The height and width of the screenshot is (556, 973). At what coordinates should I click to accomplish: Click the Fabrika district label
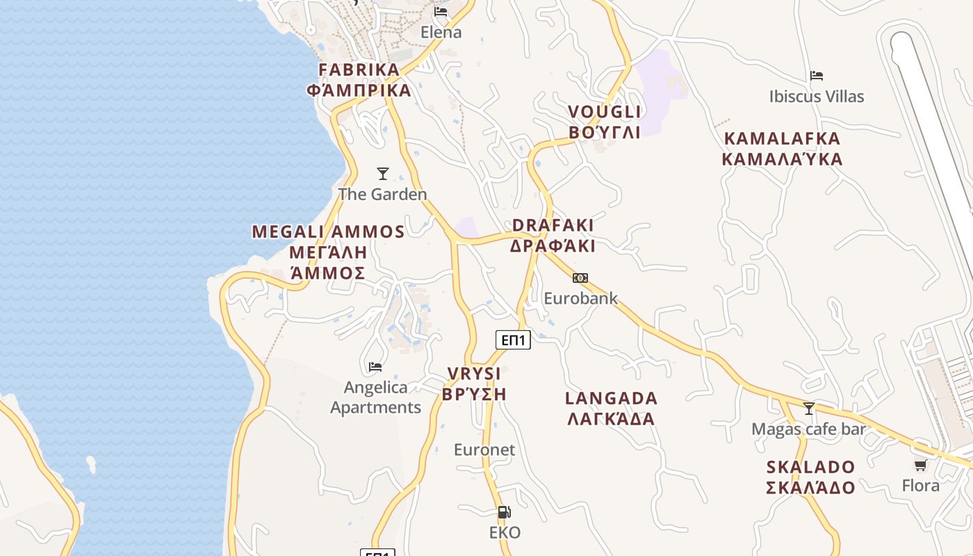(359, 80)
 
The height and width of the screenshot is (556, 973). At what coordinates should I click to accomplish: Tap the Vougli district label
(604, 122)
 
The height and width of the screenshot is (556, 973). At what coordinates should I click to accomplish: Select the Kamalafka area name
(782, 149)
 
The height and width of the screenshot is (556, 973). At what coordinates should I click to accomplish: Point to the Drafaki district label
(553, 236)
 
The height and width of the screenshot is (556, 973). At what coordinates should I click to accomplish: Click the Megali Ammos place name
(328, 252)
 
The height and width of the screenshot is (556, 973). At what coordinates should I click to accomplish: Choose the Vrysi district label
(474, 384)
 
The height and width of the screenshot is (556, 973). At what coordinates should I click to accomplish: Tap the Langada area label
(611, 408)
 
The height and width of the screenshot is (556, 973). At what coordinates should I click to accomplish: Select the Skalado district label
(810, 477)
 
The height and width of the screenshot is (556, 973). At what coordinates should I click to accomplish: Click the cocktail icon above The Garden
(382, 174)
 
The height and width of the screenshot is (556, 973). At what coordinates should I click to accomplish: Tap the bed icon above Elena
(441, 12)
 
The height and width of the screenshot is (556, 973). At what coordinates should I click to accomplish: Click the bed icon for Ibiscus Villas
(817, 76)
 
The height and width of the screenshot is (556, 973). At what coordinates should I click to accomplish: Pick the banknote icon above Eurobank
(580, 278)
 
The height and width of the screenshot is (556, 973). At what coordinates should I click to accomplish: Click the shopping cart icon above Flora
(921, 465)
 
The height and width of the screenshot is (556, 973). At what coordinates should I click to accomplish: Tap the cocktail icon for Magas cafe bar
(808, 409)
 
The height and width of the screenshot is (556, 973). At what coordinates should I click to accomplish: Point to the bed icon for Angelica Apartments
(375, 366)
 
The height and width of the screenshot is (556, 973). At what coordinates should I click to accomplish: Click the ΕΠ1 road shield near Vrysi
(513, 340)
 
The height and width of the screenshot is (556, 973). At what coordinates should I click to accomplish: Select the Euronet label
(484, 450)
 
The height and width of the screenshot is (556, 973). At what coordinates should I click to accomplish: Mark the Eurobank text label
(580, 298)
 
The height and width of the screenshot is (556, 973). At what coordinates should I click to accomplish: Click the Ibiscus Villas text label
(817, 96)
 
